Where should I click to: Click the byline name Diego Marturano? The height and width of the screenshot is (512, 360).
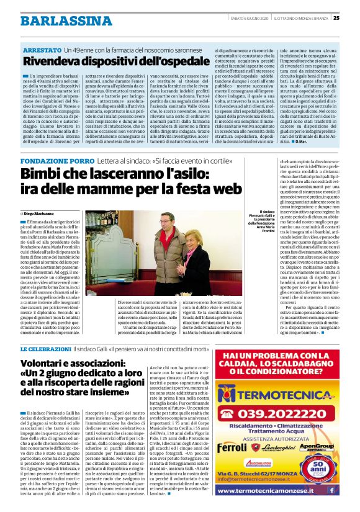point(44,213)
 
